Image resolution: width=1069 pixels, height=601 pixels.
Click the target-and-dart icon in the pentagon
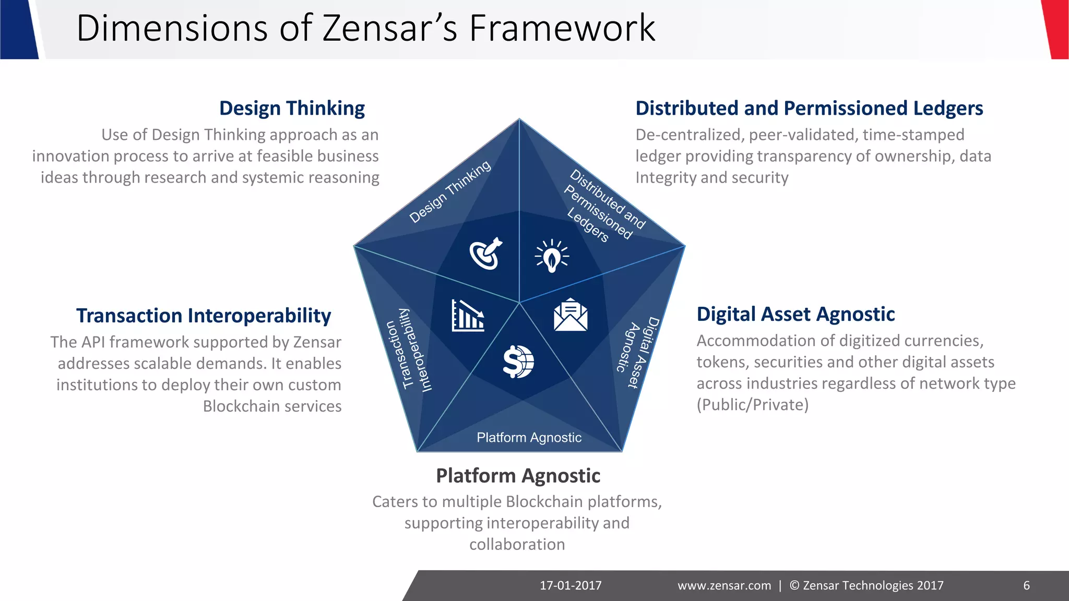(485, 254)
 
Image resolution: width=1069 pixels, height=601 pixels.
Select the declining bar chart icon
(468, 316)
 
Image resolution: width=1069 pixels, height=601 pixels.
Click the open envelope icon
(571, 315)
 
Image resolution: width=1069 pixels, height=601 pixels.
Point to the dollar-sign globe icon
(518, 362)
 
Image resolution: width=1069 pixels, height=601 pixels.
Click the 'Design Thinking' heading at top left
(292, 109)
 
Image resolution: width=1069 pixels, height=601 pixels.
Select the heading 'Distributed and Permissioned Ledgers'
(809, 109)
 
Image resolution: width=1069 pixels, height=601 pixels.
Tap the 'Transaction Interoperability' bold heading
(204, 316)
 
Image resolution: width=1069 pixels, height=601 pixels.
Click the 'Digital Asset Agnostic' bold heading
(795, 314)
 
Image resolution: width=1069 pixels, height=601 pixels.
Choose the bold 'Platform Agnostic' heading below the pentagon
(518, 476)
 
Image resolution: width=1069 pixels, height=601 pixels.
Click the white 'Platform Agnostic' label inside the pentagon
(529, 437)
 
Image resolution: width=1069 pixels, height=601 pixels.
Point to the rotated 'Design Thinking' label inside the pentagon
(450, 191)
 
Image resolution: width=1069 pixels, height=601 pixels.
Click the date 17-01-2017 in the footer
(571, 585)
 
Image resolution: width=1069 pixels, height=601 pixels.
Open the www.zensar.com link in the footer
(724, 585)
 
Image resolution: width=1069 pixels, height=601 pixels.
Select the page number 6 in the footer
(1026, 585)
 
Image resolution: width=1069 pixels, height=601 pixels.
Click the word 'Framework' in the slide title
(562, 28)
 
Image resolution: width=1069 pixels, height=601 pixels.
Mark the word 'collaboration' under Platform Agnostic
(517, 544)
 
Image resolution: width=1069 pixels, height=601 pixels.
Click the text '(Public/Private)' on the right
(752, 405)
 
